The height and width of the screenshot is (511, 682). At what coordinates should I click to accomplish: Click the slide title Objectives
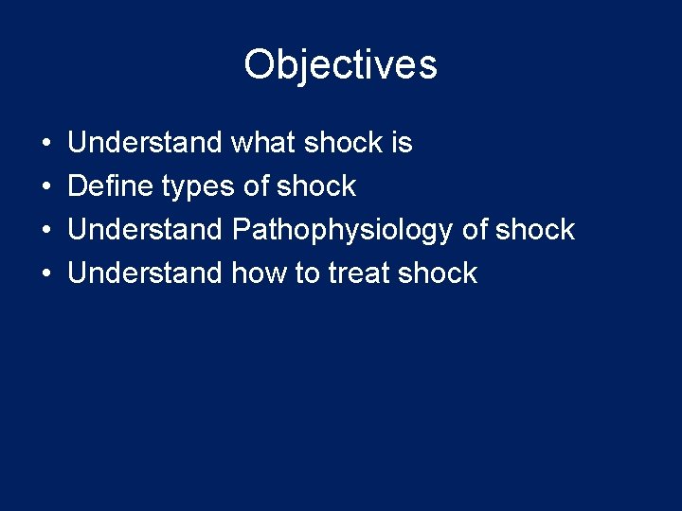tap(340, 65)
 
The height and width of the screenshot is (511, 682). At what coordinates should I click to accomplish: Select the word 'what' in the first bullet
tap(263, 143)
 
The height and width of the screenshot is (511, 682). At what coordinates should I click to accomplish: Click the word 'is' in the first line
tap(401, 143)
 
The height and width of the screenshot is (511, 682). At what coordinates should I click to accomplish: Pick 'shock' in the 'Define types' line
tap(316, 186)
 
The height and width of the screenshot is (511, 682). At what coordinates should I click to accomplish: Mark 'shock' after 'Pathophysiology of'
tap(535, 230)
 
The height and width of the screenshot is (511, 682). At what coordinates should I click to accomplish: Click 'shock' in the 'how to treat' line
tap(438, 273)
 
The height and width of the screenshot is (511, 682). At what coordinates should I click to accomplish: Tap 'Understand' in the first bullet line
tap(144, 143)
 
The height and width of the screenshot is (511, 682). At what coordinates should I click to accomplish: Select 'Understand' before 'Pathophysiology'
tap(144, 230)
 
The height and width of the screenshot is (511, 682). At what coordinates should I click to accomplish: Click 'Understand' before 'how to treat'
tap(144, 273)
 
